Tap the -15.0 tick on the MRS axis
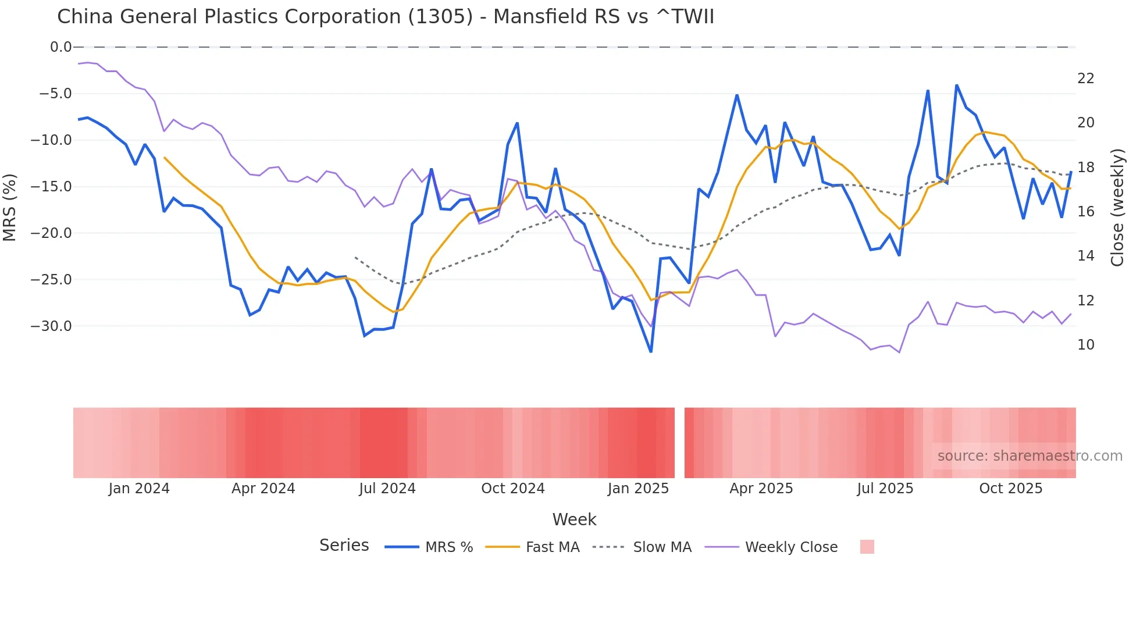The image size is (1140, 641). click(51, 187)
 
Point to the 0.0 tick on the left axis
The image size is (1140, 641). click(60, 47)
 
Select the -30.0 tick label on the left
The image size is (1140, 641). click(51, 326)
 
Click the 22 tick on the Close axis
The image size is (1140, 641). click(1085, 79)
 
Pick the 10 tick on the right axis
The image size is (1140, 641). click(1085, 345)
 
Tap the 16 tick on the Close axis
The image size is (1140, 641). click(1085, 212)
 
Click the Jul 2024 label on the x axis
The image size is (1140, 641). click(387, 489)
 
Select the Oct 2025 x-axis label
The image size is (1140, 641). click(1010, 489)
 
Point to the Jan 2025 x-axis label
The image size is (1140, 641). click(638, 489)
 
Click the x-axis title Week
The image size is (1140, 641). click(574, 519)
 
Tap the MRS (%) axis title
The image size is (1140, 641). click(10, 207)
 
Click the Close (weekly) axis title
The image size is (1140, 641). click(1117, 207)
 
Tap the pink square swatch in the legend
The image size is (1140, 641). click(867, 547)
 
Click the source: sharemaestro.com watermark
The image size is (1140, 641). click(1029, 456)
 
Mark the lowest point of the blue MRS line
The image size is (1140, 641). click(651, 351)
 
